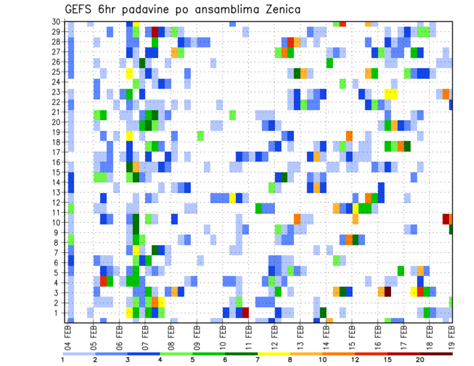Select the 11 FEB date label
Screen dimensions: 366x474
pyautogui.click(x=248, y=335)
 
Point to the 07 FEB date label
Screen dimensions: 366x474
pyautogui.click(x=145, y=335)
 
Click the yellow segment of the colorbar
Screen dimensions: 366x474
pyautogui.click(x=274, y=354)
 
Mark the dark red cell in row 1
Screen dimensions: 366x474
pyautogui.click(x=245, y=313)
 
